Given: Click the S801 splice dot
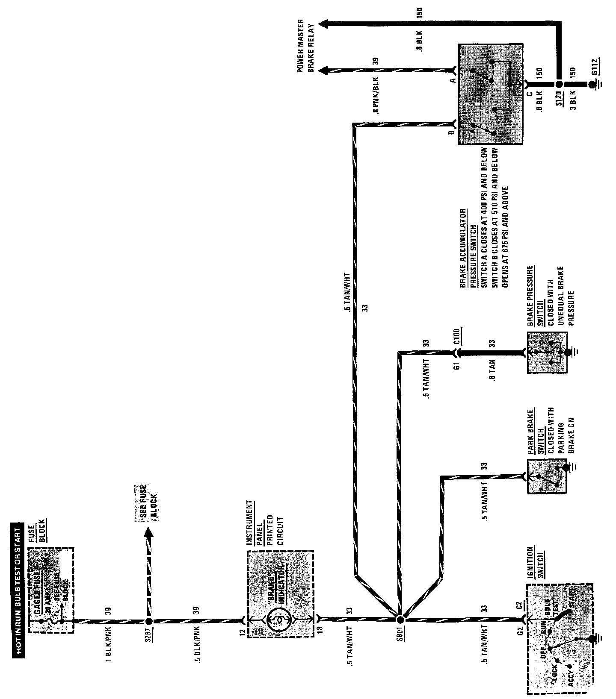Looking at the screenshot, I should (x=400, y=619).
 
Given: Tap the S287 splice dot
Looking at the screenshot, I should (x=148, y=621).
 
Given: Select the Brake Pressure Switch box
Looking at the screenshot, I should (x=548, y=353).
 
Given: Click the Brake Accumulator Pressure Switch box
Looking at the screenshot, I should (x=490, y=94).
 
